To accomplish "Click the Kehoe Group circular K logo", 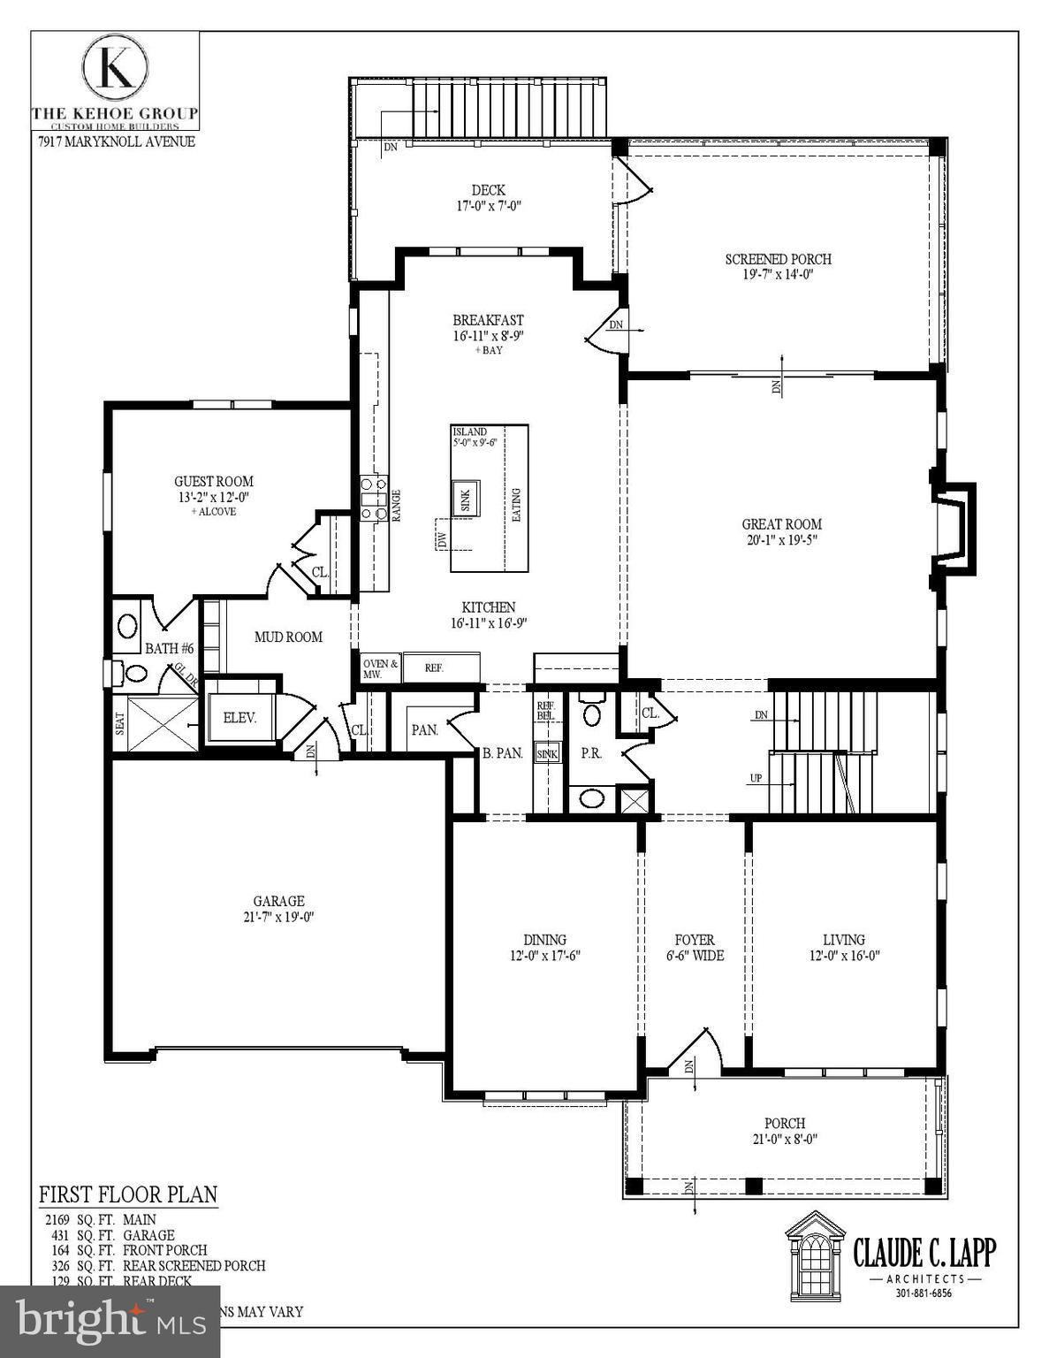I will click(115, 68).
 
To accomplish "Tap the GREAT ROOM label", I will click(781, 524).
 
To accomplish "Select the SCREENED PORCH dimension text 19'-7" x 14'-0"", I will click(778, 275).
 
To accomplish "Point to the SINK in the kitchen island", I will click(465, 498).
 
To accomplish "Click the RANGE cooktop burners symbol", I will click(373, 498).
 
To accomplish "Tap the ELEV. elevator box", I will click(239, 718).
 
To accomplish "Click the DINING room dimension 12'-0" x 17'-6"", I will click(544, 956).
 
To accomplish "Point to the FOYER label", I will click(695, 940).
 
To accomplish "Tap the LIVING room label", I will click(843, 940).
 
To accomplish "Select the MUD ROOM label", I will click(288, 637).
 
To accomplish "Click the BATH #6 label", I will click(169, 648).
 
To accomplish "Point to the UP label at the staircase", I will click(756, 779).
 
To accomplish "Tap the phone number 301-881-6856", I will click(923, 1293).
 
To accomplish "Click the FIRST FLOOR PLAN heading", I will click(128, 1194).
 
